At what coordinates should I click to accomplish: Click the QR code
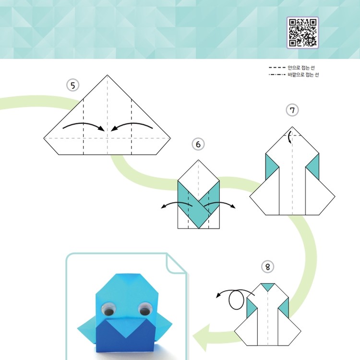[x=302, y=33]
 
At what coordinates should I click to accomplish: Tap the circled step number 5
[x=73, y=85]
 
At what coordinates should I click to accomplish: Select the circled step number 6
[x=198, y=144]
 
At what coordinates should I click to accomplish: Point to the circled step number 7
[x=292, y=110]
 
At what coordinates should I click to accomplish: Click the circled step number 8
[x=268, y=267]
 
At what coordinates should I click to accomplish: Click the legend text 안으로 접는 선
[x=301, y=68]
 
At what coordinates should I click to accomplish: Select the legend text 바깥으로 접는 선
[x=303, y=74]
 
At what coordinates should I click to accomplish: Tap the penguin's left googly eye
[x=108, y=309]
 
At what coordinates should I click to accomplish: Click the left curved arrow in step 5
[x=84, y=124]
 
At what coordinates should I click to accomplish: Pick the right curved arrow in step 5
[x=132, y=124]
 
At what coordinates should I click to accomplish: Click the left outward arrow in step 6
[x=177, y=203]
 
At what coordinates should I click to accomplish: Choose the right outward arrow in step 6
[x=220, y=203]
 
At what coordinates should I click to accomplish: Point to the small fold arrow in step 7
[x=289, y=137]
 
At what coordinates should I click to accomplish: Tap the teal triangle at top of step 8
[x=268, y=286]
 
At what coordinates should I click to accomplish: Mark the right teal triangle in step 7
[x=314, y=167]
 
